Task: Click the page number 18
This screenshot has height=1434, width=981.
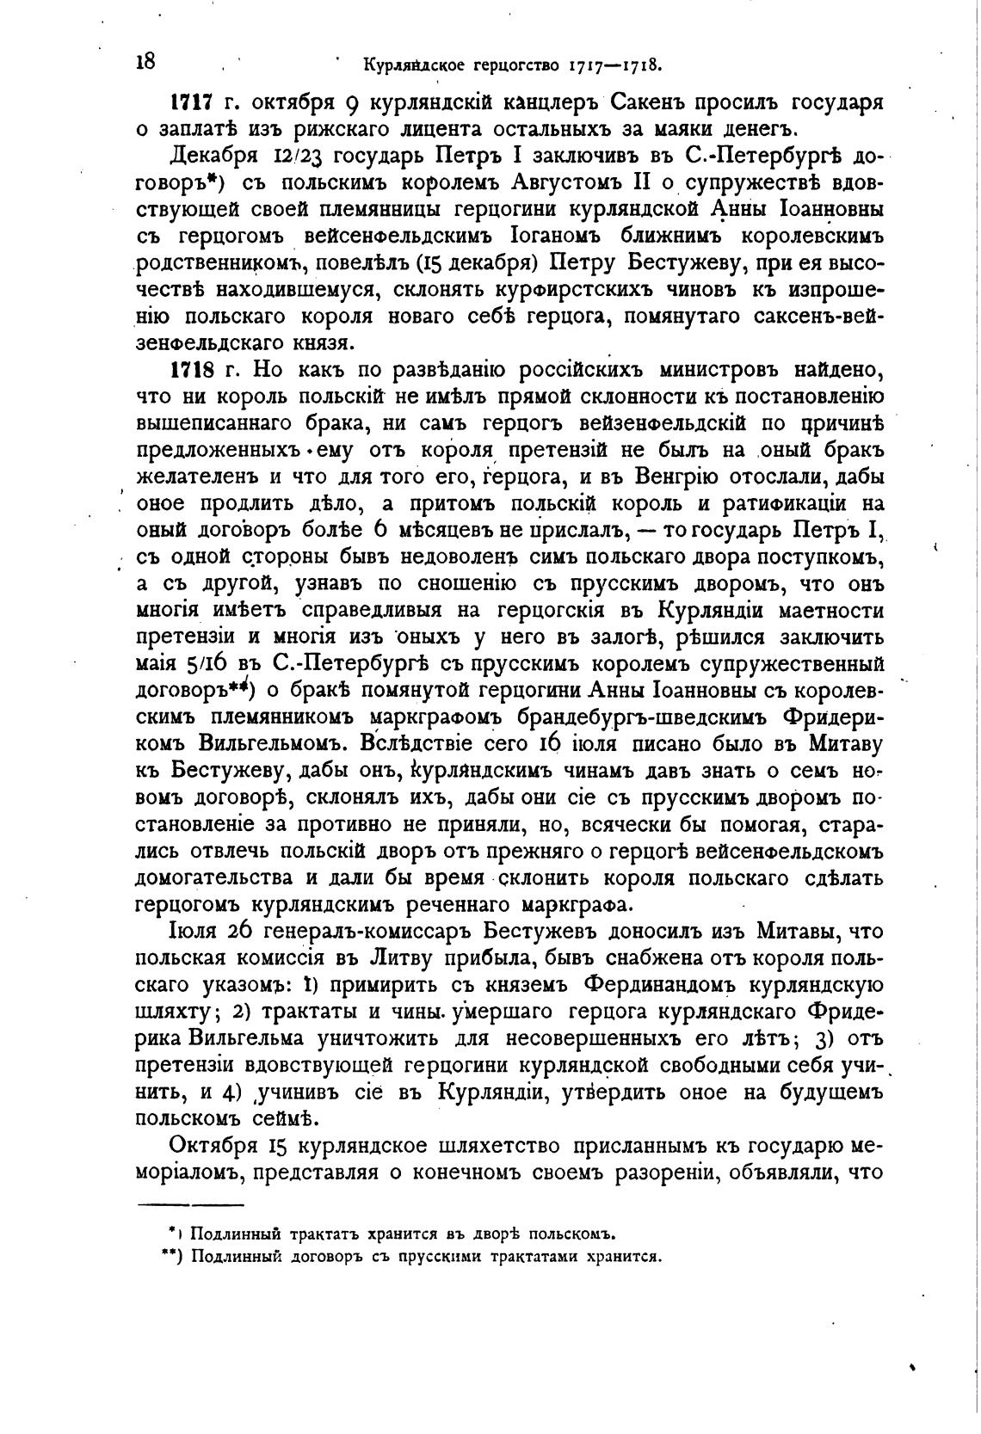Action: tap(145, 61)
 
